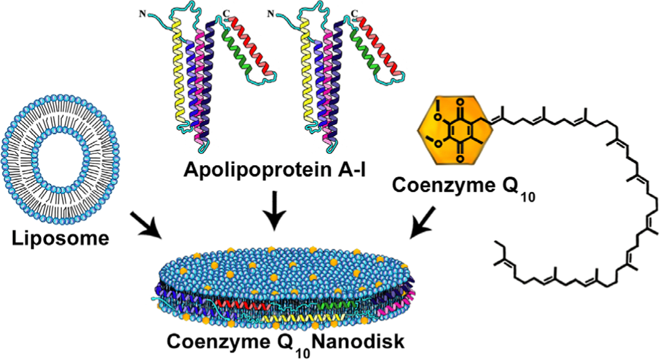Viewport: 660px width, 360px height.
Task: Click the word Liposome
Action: (60, 238)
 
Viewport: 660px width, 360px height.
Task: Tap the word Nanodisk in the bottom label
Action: (359, 342)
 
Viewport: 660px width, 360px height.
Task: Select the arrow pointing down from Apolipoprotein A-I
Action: (274, 210)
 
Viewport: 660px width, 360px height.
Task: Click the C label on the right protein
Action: (354, 14)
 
